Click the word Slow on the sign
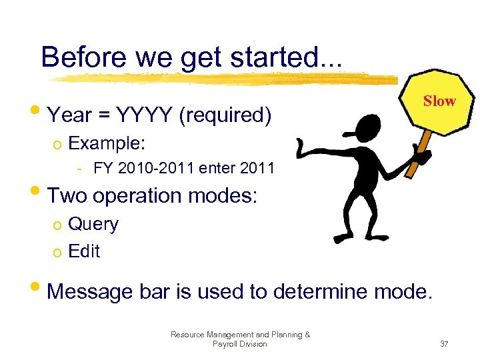[439, 101]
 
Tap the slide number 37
[444, 344]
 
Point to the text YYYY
[145, 115]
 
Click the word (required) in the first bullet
[225, 115]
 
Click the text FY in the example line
[103, 168]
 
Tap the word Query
[93, 224]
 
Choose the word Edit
[84, 251]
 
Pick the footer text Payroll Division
[239, 344]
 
